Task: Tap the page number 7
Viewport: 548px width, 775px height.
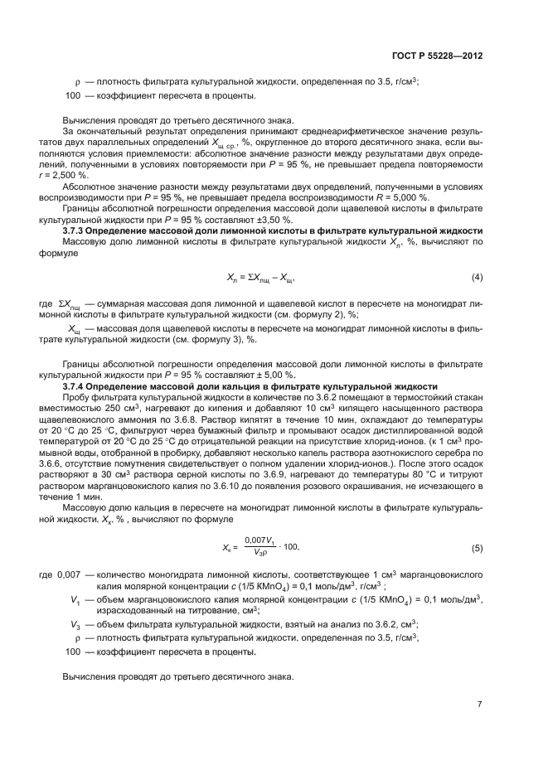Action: (479, 705)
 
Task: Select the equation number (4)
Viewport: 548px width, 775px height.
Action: (477, 276)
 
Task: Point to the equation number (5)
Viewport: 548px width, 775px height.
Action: (477, 548)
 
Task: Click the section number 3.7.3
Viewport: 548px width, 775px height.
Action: (78, 230)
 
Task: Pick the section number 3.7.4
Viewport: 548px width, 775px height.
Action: (78, 387)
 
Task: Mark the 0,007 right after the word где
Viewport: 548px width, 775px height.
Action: (70, 574)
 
